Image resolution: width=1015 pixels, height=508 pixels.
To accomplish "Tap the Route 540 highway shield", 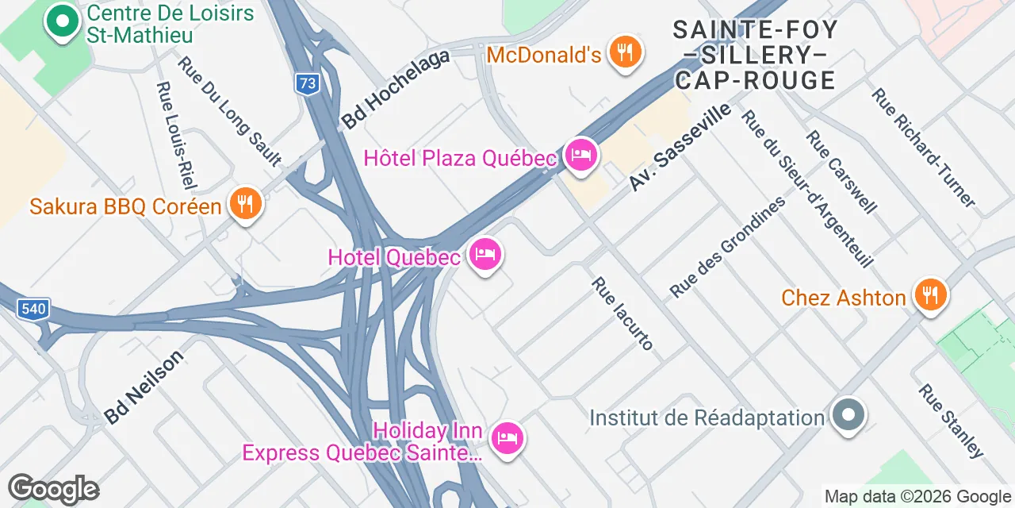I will [x=34, y=308].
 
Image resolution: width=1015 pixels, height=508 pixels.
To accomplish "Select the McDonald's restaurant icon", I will [x=626, y=52].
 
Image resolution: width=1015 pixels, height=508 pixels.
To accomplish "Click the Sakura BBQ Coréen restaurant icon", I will [x=245, y=204].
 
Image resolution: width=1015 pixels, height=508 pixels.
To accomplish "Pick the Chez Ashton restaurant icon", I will [x=930, y=295].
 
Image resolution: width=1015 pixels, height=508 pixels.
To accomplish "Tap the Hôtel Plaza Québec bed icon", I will [x=581, y=156].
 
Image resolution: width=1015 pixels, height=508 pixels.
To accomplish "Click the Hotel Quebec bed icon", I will [x=485, y=255].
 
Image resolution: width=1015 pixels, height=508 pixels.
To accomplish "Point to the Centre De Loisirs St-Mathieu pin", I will [x=63, y=21].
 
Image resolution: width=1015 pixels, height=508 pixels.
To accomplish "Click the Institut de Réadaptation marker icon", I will [x=849, y=415].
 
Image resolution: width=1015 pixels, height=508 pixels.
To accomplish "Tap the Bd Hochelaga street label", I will [x=396, y=88].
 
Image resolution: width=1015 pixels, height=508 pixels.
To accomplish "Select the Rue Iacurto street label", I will [x=622, y=313].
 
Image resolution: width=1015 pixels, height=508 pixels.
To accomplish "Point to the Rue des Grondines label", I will [x=727, y=246].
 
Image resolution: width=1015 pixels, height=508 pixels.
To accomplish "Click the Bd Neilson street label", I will [x=144, y=387].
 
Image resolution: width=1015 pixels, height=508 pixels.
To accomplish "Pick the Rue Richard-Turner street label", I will [x=923, y=147].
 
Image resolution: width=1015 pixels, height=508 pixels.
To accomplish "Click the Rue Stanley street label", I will [x=951, y=421].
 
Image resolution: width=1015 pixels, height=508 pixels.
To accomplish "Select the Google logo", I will [x=53, y=489].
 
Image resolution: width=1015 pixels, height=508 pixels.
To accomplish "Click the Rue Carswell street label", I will [x=841, y=171].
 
